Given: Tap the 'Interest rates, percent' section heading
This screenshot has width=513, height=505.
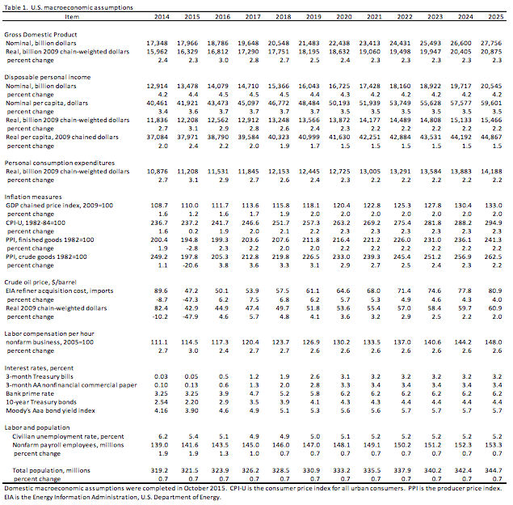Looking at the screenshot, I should click(x=41, y=365).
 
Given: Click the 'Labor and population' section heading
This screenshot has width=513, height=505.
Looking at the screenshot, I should click(x=36, y=426).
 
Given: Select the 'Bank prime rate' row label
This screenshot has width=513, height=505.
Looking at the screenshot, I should click(x=36, y=392).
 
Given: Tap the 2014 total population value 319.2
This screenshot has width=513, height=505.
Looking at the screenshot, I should click(x=159, y=470).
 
